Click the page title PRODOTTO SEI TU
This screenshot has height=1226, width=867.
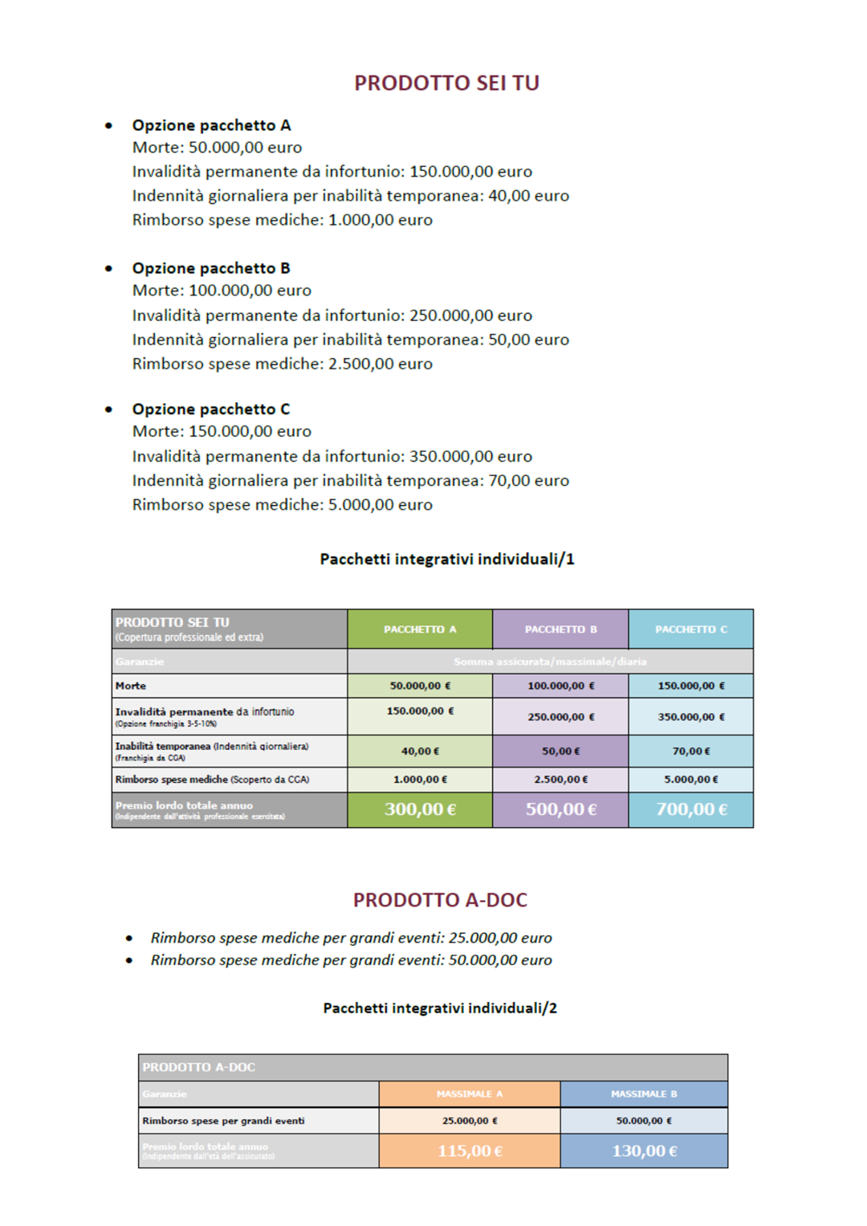(x=446, y=83)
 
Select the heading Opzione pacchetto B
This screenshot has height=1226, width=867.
(x=211, y=268)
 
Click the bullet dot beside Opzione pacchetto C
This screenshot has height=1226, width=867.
(x=108, y=409)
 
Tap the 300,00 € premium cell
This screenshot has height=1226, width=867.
(x=420, y=809)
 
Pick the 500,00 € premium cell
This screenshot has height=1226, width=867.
(x=560, y=809)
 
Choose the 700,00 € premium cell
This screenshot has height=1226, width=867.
(x=691, y=809)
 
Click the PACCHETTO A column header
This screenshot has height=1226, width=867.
(x=420, y=629)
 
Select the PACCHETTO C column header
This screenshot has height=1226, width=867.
(x=691, y=629)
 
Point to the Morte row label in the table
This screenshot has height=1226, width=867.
(x=131, y=686)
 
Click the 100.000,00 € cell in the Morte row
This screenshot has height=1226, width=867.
(x=560, y=686)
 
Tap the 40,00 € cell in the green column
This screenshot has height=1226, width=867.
(x=420, y=751)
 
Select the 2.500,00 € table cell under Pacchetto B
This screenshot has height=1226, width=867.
(x=560, y=780)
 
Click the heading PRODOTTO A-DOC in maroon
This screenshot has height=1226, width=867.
(x=440, y=900)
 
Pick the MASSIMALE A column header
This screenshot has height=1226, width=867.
(x=470, y=1094)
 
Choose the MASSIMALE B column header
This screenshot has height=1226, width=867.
(x=644, y=1094)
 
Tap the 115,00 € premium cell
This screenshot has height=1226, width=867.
(x=470, y=1151)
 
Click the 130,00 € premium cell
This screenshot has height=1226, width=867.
(x=644, y=1151)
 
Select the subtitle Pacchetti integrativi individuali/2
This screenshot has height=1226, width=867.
(x=440, y=1008)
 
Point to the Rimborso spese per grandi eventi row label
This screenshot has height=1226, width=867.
(x=223, y=1121)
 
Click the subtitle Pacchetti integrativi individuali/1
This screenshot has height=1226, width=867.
(x=446, y=560)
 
